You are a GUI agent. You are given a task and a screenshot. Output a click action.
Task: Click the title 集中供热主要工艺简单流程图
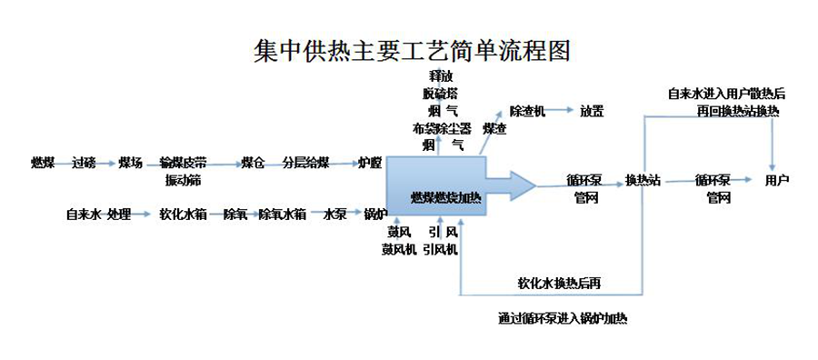pos(412,48)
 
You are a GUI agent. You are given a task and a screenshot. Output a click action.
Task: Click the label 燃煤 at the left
pos(43,163)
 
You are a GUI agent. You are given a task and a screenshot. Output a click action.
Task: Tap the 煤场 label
pos(131,163)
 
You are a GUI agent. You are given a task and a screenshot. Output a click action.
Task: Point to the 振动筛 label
pos(183,180)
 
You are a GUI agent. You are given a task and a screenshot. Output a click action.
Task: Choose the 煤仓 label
pos(253,163)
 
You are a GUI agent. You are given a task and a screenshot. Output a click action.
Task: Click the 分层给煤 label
pos(304,163)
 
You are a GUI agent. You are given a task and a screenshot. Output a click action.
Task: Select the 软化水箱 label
pos(184,215)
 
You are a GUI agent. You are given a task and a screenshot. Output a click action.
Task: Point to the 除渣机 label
pos(527,111)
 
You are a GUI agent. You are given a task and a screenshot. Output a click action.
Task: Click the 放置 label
pos(592,111)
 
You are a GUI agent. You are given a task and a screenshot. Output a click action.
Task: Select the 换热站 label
pos(643,180)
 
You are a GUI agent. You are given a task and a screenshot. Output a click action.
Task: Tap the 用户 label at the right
pos(777,180)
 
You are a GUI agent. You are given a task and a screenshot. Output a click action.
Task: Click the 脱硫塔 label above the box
pos(441,93)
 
